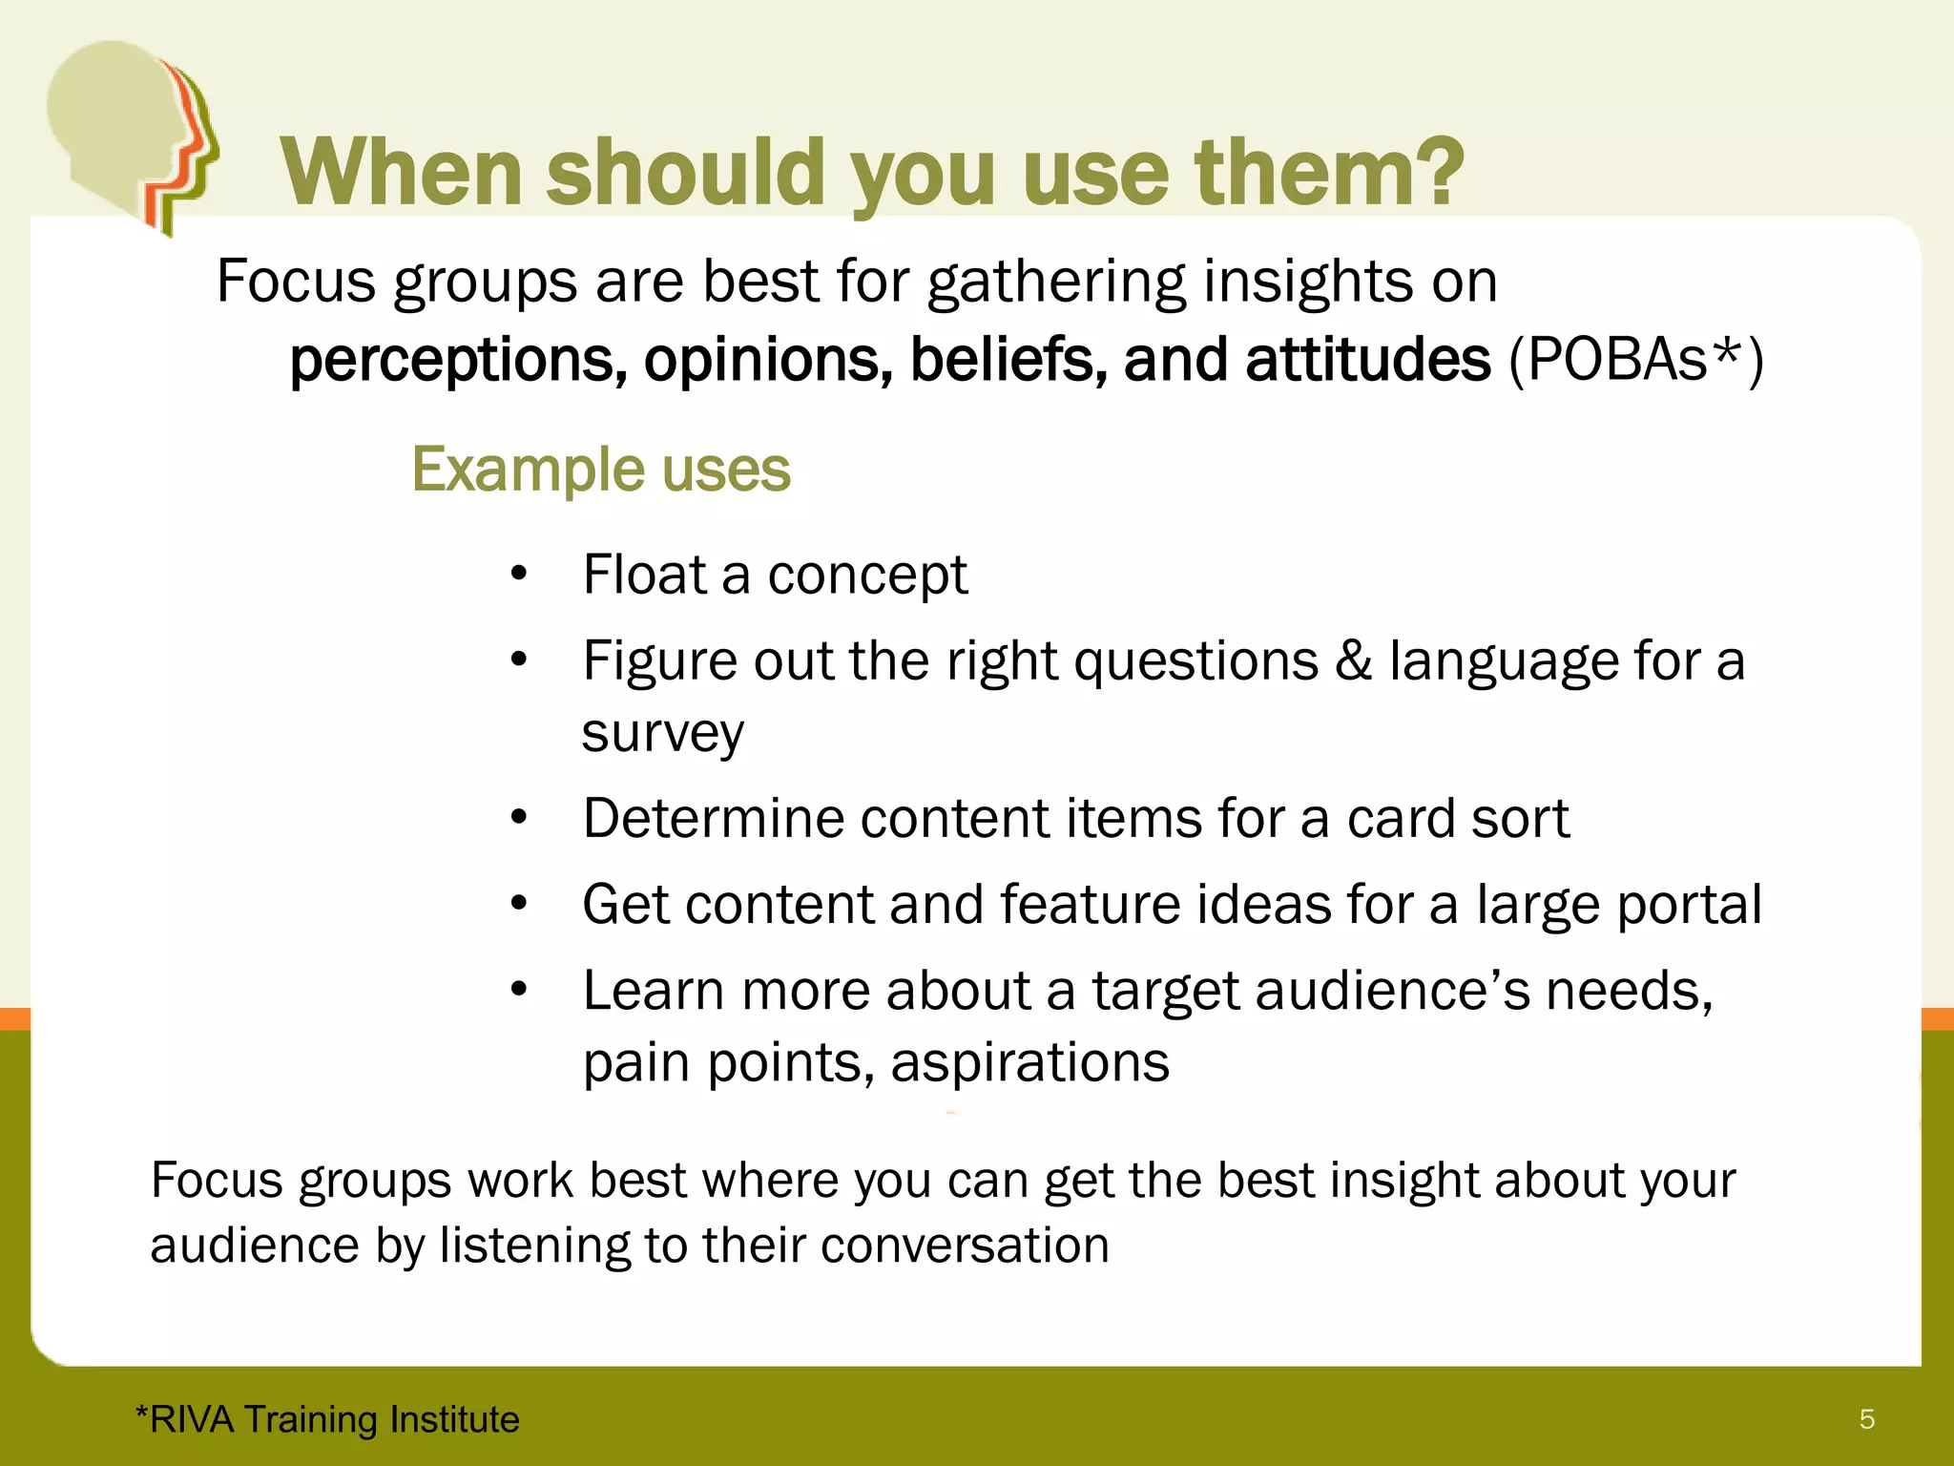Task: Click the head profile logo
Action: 129,134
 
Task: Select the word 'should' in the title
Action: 684,172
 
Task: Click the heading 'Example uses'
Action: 601,470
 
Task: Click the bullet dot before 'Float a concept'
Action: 518,575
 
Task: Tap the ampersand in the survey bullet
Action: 1353,660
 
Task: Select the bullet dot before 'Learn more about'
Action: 518,990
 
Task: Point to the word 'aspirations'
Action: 1029,1062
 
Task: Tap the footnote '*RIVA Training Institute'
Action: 327,1419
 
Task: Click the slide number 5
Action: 1867,1419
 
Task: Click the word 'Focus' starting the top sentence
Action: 297,283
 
